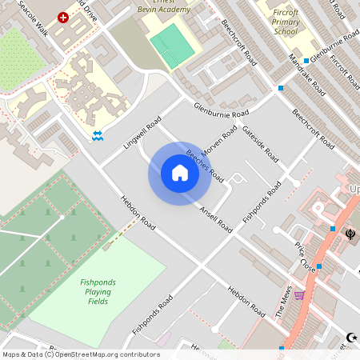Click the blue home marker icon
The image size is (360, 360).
(180, 173)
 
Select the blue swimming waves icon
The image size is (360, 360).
(97, 136)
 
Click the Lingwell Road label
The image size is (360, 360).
(143, 133)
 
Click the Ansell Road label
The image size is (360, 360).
(217, 218)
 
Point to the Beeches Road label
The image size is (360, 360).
(205, 166)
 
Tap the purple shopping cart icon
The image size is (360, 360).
(299, 294)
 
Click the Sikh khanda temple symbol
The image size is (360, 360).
(350, 235)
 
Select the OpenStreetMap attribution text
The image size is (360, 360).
(81, 354)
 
